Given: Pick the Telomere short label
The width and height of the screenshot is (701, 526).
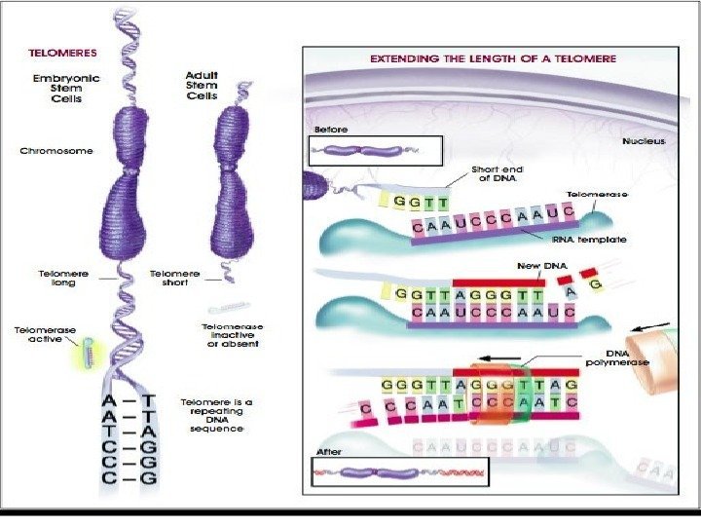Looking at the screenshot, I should tap(176, 279).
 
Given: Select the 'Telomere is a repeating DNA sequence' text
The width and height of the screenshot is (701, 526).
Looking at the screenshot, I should tap(216, 415).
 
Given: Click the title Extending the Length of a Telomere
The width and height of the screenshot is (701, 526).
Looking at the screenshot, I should tap(493, 58).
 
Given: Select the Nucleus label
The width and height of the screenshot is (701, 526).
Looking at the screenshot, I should tap(644, 141).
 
